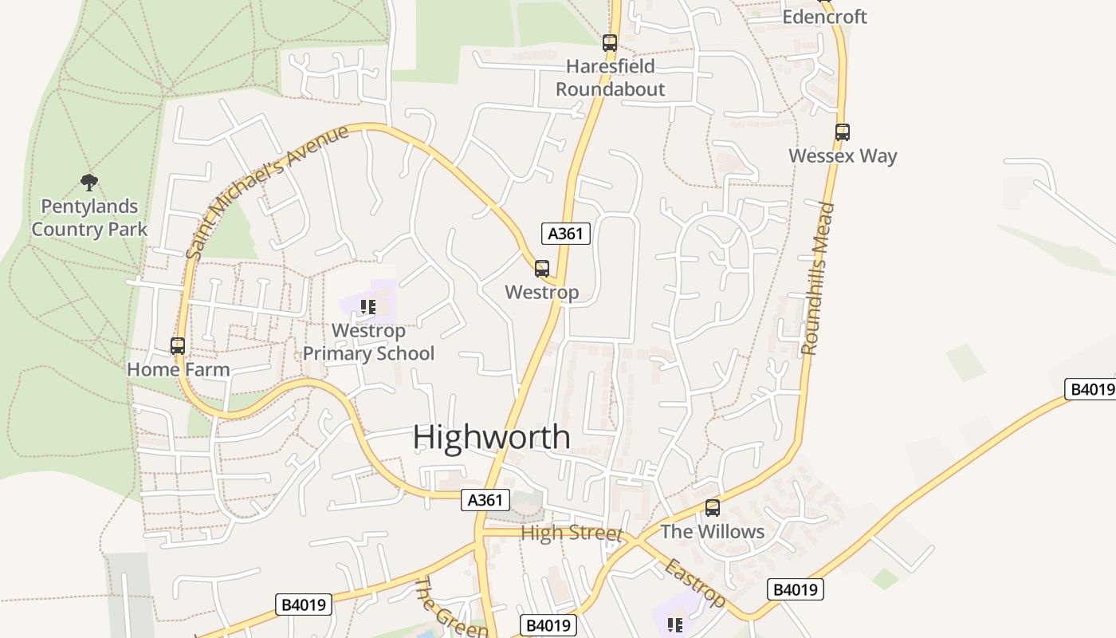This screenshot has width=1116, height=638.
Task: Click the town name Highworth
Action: coord(492,438)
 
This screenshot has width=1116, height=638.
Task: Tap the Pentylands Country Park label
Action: coord(89,218)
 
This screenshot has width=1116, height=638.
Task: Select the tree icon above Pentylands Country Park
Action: coord(89,183)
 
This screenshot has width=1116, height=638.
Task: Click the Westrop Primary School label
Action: coord(368,342)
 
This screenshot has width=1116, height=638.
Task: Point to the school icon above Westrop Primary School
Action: coord(367,307)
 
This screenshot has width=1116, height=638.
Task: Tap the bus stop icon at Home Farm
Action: coord(178,346)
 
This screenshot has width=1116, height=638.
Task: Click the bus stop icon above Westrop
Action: coord(542,269)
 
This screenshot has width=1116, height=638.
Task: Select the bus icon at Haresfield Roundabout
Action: coord(610,43)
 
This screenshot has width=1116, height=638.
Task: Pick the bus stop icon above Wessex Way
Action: coord(843,132)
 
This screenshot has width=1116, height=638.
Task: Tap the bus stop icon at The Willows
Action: coord(713,508)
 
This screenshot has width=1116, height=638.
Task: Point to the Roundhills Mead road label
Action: coord(819,278)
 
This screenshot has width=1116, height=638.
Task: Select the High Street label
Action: coord(571,533)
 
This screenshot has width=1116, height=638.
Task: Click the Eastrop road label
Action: coord(695,583)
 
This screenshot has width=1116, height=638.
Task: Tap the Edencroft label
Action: coord(824,17)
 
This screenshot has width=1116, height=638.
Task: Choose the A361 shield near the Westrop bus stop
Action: coord(566,234)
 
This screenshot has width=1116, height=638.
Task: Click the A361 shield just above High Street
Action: coord(485,500)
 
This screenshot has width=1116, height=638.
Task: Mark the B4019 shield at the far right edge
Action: coord(1090,389)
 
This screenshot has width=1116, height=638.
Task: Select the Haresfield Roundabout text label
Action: coord(610,77)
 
